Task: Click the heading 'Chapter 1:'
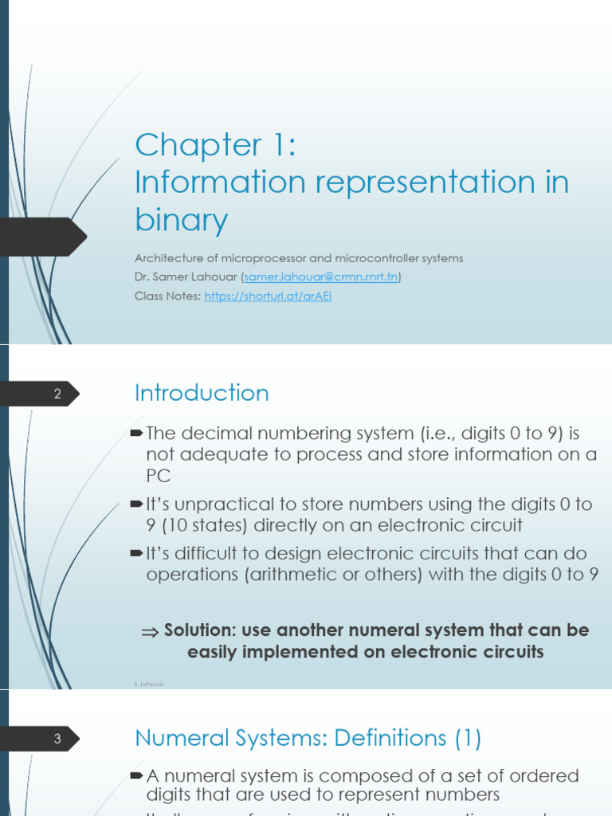(215, 145)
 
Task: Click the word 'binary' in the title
(181, 219)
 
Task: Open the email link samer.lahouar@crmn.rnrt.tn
(320, 277)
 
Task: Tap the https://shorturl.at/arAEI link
(268, 296)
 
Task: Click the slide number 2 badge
(57, 394)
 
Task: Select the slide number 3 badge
(57, 739)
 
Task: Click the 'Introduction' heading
(202, 393)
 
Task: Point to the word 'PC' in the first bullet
(159, 476)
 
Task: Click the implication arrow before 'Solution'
(150, 631)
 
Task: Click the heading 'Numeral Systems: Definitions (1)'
(308, 739)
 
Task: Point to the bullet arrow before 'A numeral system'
(136, 775)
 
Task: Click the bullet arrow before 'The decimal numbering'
(136, 433)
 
